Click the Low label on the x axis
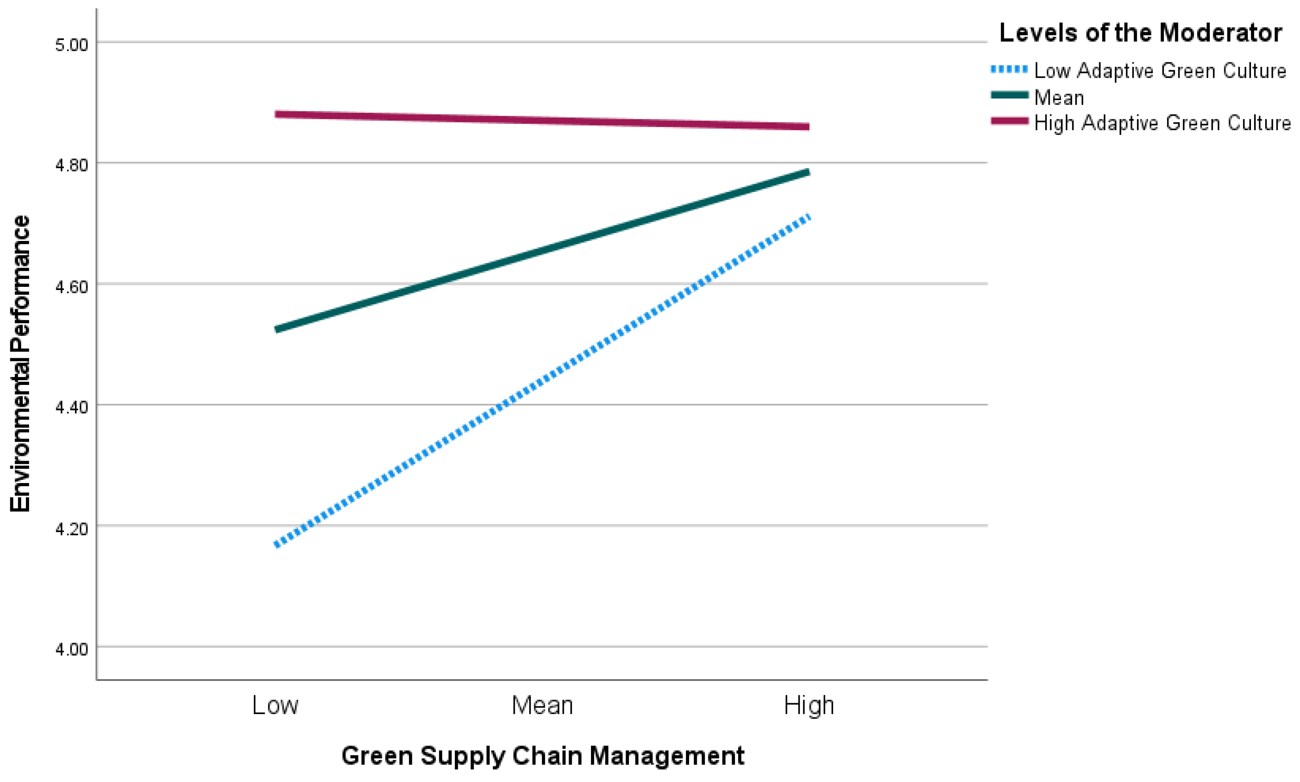point(275,705)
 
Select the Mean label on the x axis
point(542,705)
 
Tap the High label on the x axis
point(809,705)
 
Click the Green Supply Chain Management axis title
point(543,756)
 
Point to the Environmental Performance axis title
point(20,364)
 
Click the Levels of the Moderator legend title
point(1140,33)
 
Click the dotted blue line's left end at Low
point(276,545)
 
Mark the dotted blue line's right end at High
point(808,217)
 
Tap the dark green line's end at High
point(808,172)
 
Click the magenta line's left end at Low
point(276,114)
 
